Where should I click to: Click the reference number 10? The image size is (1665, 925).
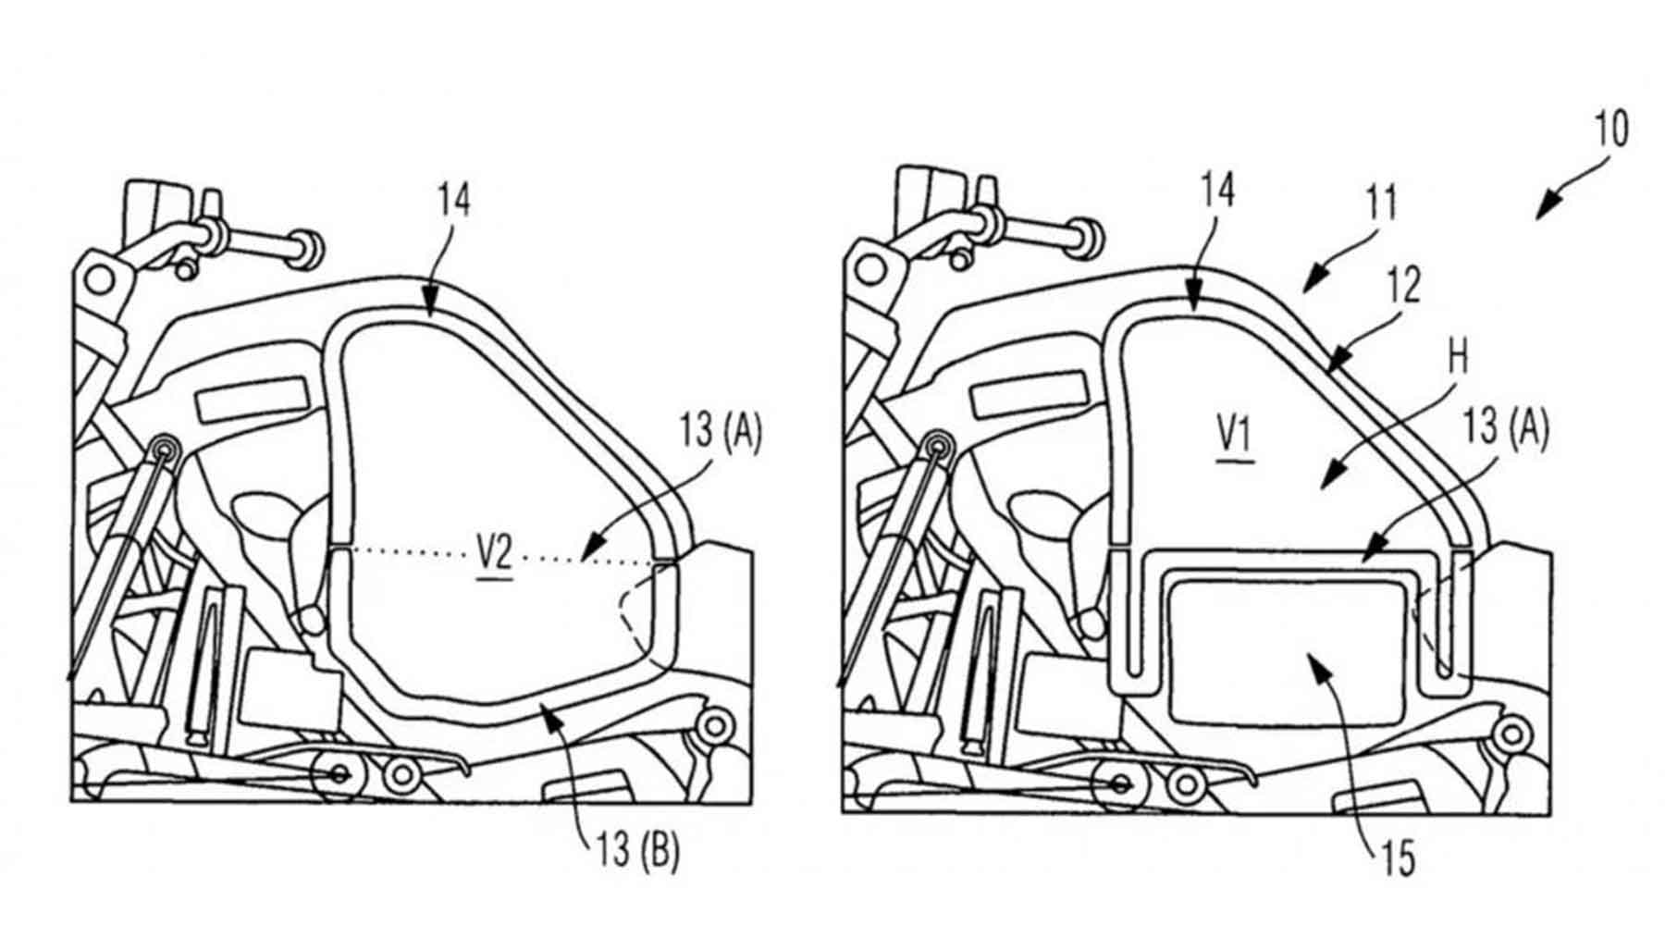point(1611,129)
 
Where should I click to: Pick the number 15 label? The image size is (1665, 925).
point(1399,858)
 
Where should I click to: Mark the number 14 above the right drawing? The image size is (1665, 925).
point(1217,191)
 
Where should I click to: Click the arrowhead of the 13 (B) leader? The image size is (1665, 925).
point(548,709)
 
